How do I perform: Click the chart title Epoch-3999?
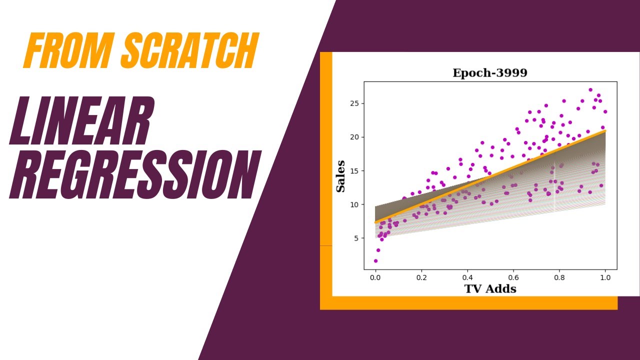[x=489, y=73]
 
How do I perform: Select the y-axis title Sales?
[x=340, y=176]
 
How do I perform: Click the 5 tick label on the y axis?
[x=356, y=238]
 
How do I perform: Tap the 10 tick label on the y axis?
[x=354, y=204]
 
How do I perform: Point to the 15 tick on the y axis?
[x=354, y=171]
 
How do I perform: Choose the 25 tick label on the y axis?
[x=354, y=103]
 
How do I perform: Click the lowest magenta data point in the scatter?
[x=375, y=261]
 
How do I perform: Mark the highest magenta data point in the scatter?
[x=590, y=90]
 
